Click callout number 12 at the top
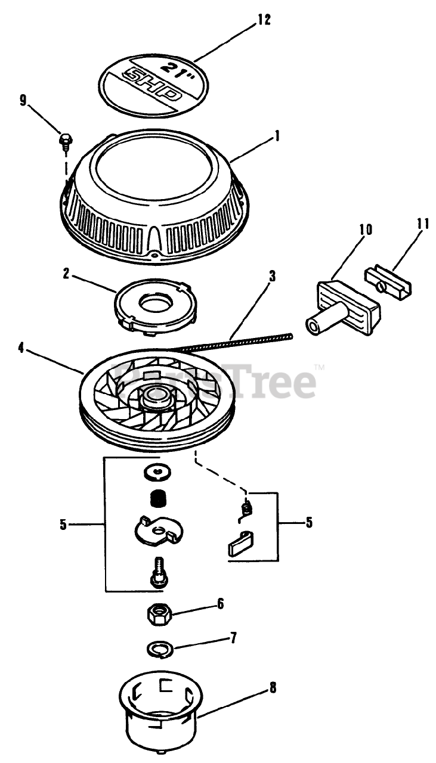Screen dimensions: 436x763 [264, 20]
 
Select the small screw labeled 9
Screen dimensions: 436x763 [64, 141]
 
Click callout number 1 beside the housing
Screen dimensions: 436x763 [277, 137]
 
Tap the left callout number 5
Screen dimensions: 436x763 [63, 525]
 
